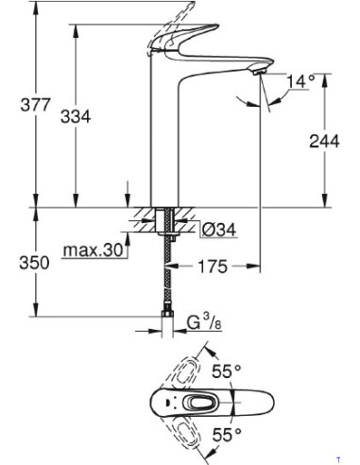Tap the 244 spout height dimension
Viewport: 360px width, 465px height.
pyautogui.click(x=326, y=140)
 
